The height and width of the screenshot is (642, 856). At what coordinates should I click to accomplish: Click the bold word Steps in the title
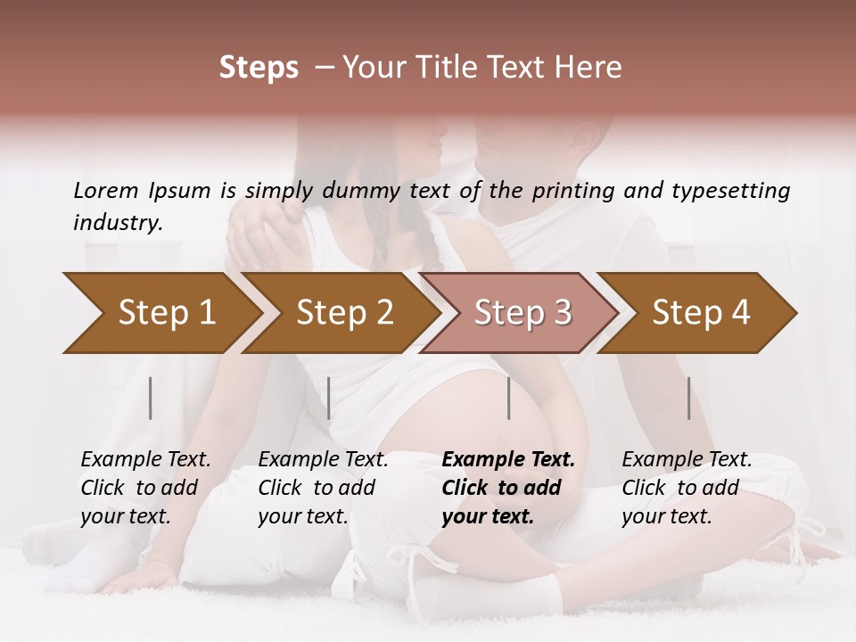(259, 68)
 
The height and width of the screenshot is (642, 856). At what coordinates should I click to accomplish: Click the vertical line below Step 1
(151, 398)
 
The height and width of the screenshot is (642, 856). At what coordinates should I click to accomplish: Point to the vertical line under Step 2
(329, 398)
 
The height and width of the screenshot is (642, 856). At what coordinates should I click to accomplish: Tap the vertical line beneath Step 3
(508, 398)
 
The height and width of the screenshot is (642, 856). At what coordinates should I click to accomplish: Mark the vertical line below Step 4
(688, 398)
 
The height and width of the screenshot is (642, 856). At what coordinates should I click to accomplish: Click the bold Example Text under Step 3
(508, 460)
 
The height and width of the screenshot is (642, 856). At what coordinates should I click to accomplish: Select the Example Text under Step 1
(145, 460)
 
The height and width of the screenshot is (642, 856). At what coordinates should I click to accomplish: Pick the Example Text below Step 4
(687, 460)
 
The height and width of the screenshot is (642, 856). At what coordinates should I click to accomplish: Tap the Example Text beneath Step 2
(323, 460)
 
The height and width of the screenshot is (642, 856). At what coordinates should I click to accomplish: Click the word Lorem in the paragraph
(105, 191)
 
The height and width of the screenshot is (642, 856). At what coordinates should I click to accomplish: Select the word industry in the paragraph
(117, 223)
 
